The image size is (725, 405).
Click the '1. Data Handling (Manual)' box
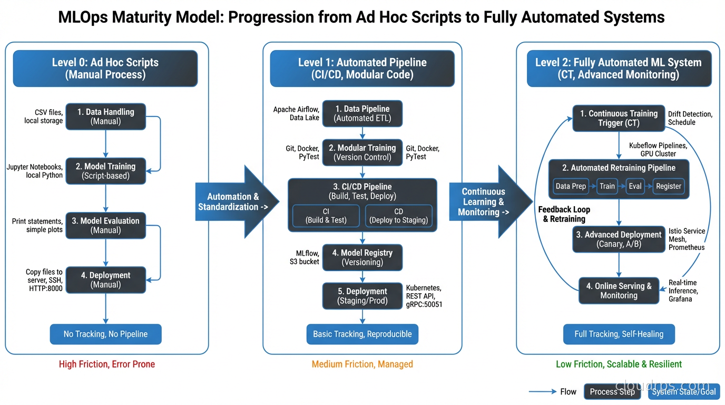pos(105,117)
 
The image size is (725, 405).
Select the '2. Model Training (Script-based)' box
pos(105,171)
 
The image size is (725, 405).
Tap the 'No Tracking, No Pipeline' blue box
pos(105,334)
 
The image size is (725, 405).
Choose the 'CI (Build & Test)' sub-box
pos(326,216)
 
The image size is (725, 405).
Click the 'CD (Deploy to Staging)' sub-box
pos(398,216)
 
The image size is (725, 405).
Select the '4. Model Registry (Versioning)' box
pos(362,257)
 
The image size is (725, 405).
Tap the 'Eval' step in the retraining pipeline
pos(635,186)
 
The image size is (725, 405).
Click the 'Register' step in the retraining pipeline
pos(668,186)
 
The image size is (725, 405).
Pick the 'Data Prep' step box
pos(571,186)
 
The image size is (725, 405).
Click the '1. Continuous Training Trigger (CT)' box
pos(619,118)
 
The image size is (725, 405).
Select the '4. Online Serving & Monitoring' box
pos(619,291)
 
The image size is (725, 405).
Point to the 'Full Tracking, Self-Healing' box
pos(619,334)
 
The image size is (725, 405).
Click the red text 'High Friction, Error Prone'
pos(107,364)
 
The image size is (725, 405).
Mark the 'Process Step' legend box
pos(612,392)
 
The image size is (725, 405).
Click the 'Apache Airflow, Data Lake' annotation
pos(296,113)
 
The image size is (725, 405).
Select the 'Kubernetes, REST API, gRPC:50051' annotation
pos(424,296)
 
